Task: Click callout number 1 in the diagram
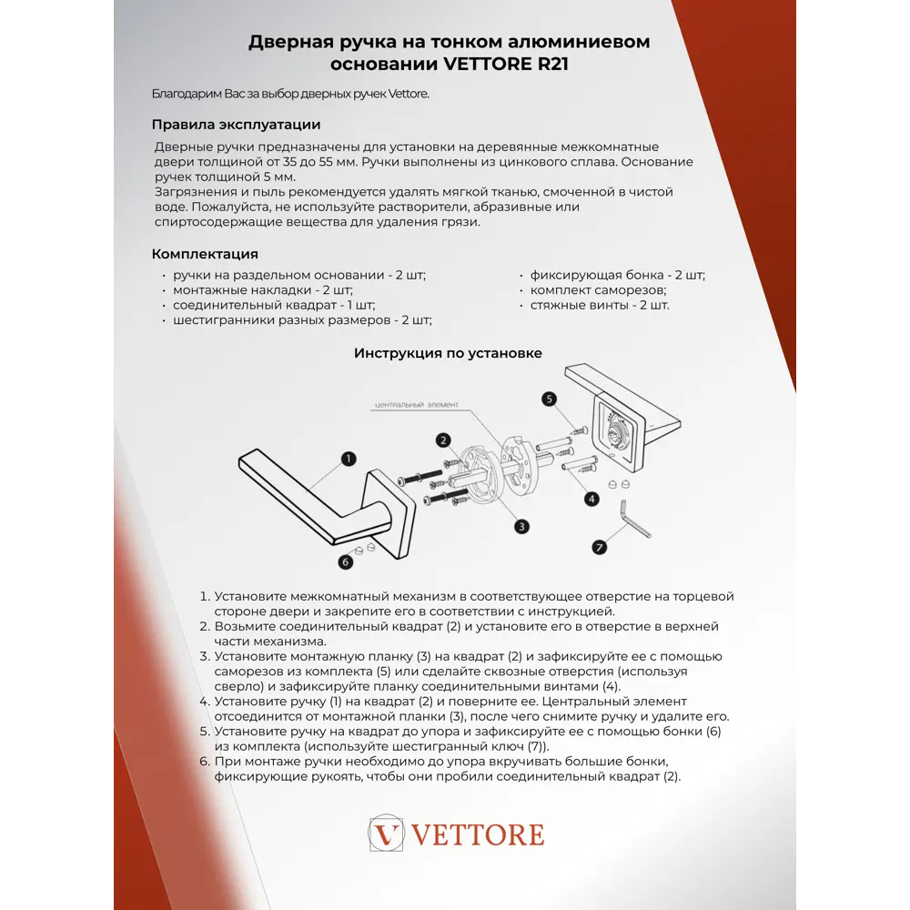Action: (348, 459)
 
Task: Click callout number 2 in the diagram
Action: (443, 440)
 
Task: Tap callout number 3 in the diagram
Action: (521, 526)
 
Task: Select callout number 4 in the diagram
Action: (591, 499)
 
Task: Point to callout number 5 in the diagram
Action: (550, 399)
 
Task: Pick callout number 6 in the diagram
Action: (345, 562)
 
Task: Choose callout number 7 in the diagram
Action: (599, 547)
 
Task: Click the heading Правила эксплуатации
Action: (236, 125)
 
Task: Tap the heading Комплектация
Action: (205, 254)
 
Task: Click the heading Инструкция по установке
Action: (448, 353)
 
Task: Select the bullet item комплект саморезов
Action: (598, 290)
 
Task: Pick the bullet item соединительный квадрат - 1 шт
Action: (274, 305)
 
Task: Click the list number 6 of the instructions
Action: (205, 762)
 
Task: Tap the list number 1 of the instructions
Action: (205, 597)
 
